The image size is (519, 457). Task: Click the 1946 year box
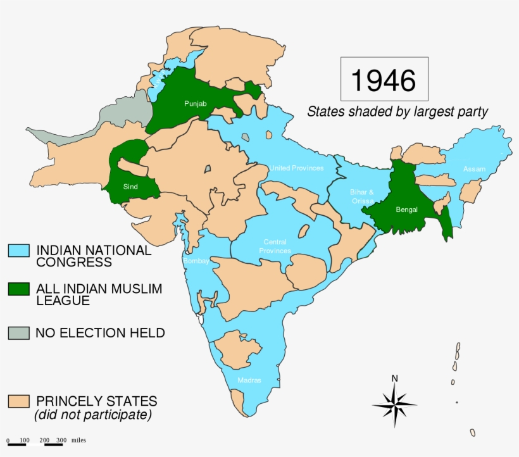click(x=384, y=80)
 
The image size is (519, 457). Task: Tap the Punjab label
click(x=195, y=103)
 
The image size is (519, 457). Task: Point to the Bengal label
click(x=406, y=210)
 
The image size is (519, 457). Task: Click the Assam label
click(x=474, y=169)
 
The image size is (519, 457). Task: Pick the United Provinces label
click(x=296, y=168)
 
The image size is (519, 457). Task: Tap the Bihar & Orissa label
click(x=362, y=196)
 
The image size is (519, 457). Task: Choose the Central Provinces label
click(x=275, y=247)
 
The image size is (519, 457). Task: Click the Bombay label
click(x=196, y=261)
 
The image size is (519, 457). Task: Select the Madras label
click(x=249, y=380)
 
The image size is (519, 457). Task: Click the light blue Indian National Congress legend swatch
click(x=18, y=251)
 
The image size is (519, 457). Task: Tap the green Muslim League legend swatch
click(x=18, y=289)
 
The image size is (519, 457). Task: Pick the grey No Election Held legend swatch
click(x=18, y=332)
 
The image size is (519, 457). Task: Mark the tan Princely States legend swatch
click(x=18, y=401)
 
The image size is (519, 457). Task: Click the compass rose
click(x=394, y=404)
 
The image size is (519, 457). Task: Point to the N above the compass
click(x=394, y=379)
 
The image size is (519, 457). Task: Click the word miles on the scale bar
click(x=78, y=440)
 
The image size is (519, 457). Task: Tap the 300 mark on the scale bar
click(x=61, y=440)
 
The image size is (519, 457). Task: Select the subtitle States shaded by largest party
click(x=397, y=112)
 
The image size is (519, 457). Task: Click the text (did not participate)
click(x=93, y=415)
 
